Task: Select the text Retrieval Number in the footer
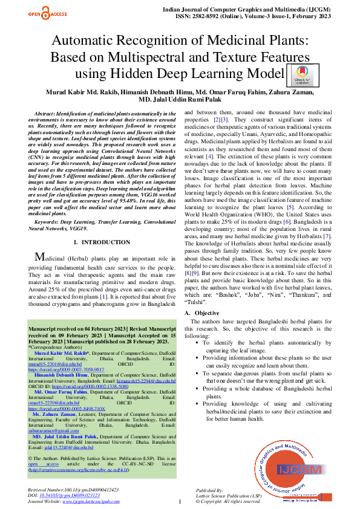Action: (x=46, y=488)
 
